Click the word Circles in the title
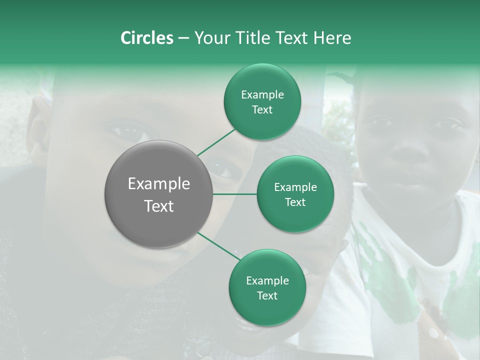tap(146, 38)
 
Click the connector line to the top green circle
tap(216, 142)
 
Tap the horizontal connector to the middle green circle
tap(235, 194)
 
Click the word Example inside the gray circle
tap(158, 184)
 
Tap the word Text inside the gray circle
tap(158, 206)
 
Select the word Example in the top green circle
tap(262, 95)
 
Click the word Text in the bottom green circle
tap(267, 295)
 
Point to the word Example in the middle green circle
tap(295, 187)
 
